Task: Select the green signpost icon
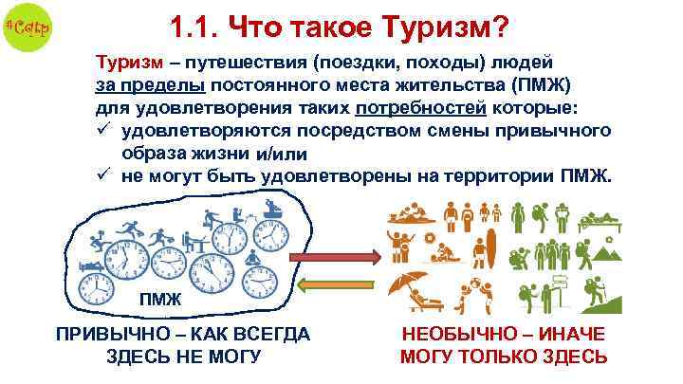point(560,284)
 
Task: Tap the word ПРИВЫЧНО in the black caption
point(103,336)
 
